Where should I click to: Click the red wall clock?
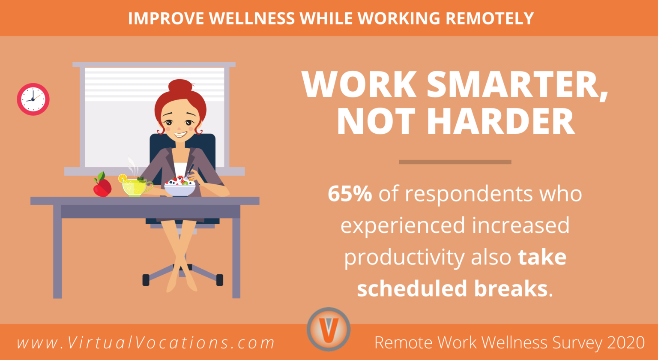coord(33,99)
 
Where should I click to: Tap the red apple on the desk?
coord(102,186)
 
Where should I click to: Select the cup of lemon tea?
coord(136,187)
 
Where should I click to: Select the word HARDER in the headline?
coord(502,121)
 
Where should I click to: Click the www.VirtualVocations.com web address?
coord(146,342)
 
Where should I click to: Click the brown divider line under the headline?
coord(455,162)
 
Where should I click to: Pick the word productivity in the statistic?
coord(404,258)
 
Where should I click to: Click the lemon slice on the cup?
coord(123,178)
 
